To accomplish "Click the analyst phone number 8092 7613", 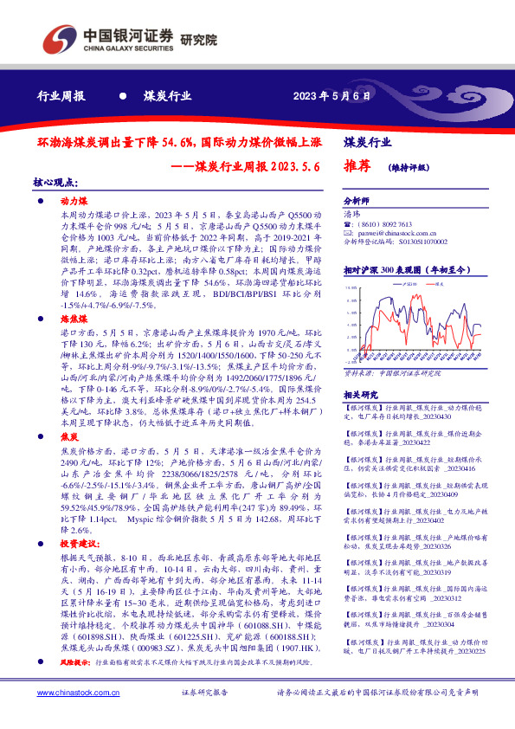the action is tap(395, 223).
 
